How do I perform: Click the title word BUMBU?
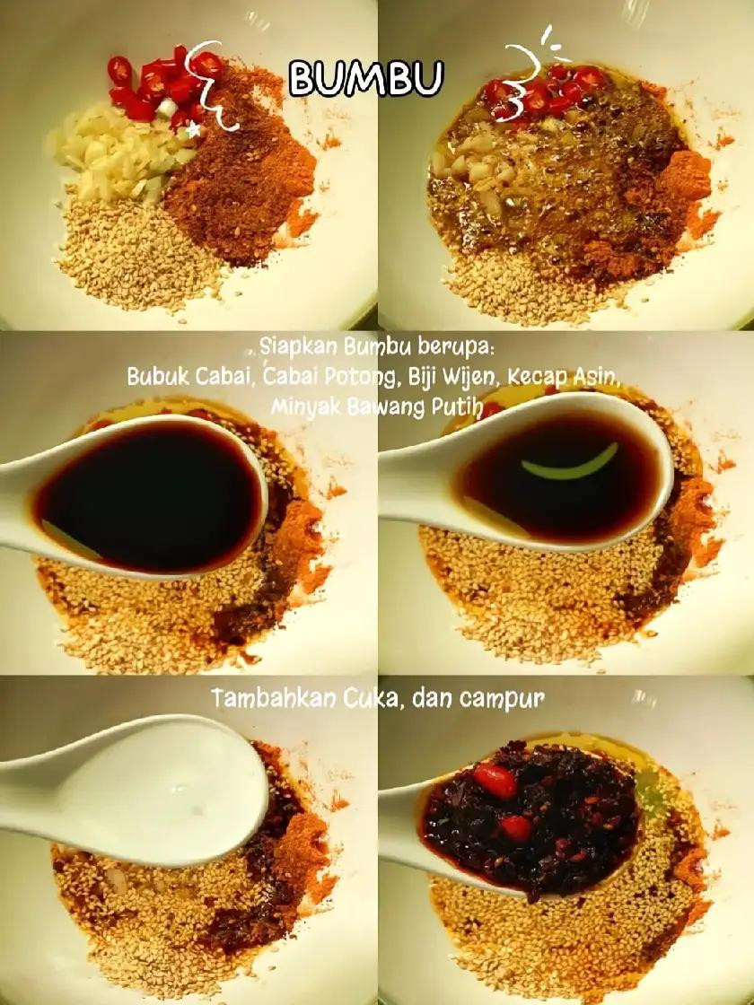[365, 79]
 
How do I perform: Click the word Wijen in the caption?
[468, 377]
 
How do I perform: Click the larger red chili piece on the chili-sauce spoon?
[495, 782]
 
